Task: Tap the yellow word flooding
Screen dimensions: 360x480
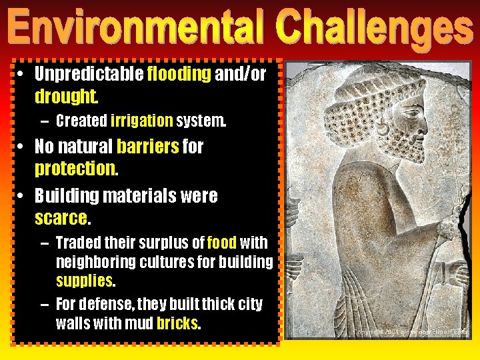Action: coord(179,73)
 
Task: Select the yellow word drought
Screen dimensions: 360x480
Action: coord(66,97)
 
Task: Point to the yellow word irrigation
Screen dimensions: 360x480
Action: coord(141,121)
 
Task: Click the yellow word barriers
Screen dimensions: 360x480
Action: coord(147,146)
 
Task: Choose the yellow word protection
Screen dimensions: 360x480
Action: coord(75,169)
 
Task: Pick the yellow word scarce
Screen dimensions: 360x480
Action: coord(61,217)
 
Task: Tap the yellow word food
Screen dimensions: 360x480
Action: coord(222,243)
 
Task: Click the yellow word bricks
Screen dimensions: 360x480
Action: coord(177,323)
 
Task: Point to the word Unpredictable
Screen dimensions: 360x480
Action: coord(89,73)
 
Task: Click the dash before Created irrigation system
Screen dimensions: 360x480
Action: coord(44,121)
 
